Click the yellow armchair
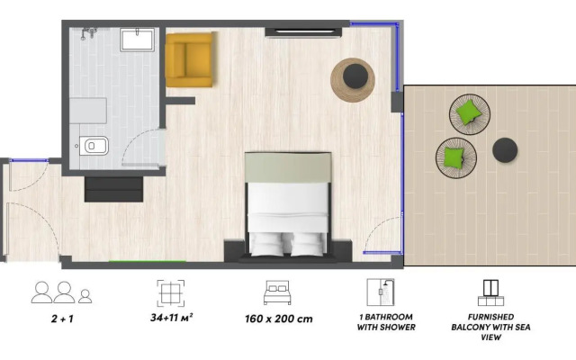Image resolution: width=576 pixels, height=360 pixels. tap(190, 59)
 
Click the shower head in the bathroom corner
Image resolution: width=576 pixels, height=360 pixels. tap(86, 34)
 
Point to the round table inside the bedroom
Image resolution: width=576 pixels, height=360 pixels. tap(352, 79)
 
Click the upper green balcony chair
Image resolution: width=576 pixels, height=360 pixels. tap(468, 113)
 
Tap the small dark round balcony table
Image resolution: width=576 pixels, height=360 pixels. tap(505, 150)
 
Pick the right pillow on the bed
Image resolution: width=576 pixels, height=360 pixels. tap(307, 240)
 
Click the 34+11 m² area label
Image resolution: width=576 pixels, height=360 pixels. tap(172, 318)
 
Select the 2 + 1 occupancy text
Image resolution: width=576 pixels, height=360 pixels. tap(61, 318)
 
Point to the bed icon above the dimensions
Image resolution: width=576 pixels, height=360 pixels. tap(276, 292)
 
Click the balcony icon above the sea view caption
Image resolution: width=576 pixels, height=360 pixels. tap(489, 292)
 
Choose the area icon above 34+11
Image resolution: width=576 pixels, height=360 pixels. tap(171, 292)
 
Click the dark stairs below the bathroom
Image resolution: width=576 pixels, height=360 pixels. tap(113, 189)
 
